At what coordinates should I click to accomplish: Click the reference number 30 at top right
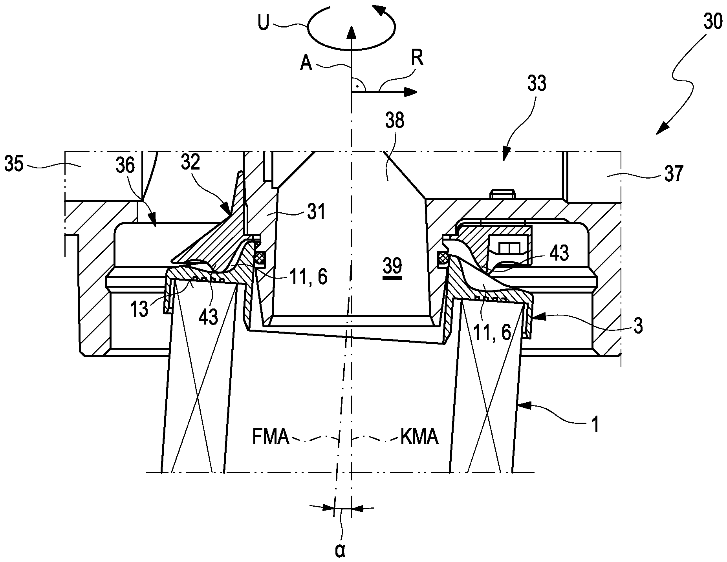tap(712, 22)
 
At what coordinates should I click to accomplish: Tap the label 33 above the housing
tap(537, 84)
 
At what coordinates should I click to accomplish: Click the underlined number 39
tap(392, 266)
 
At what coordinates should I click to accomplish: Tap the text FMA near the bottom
tap(271, 437)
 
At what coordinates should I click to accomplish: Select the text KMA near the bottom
tap(419, 437)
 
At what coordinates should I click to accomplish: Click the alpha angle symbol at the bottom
tap(340, 550)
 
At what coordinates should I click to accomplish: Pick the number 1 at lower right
tap(595, 425)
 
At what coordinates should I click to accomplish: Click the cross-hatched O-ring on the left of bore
tap(260, 258)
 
